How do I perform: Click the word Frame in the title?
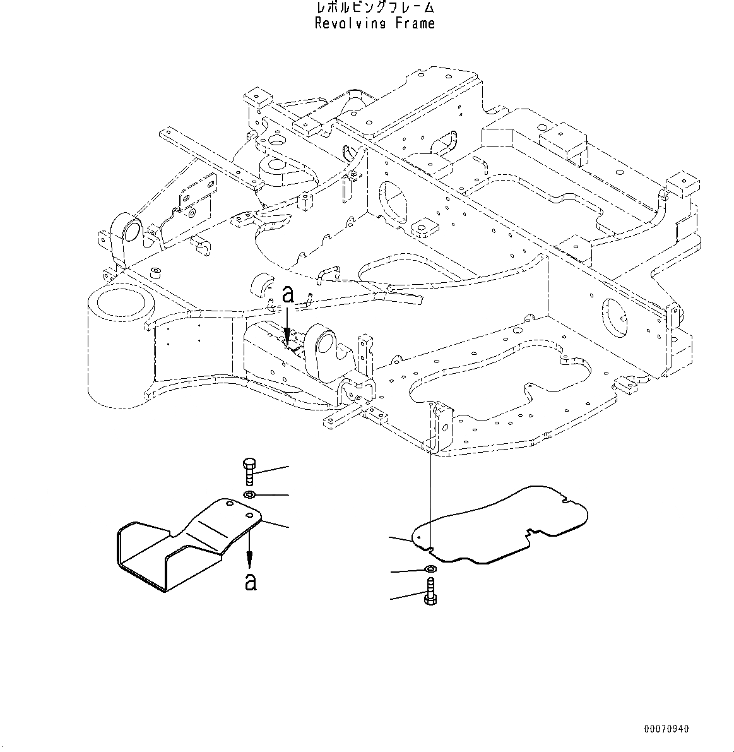[415, 24]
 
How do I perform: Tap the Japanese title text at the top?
[375, 8]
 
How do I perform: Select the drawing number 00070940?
[666, 729]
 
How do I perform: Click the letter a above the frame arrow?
[288, 295]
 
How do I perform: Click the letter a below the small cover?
[251, 581]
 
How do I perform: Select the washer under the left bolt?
[249, 494]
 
